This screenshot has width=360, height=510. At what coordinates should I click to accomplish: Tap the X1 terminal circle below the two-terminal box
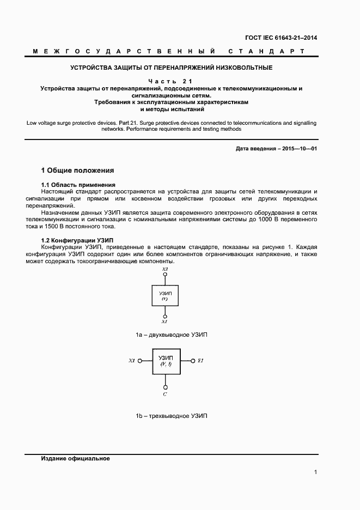tap(165, 315)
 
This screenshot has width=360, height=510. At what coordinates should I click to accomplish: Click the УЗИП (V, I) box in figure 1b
tap(165, 361)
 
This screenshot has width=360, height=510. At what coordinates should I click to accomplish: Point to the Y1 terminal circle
tap(192, 361)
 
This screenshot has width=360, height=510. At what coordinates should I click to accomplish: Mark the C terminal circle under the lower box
tap(165, 386)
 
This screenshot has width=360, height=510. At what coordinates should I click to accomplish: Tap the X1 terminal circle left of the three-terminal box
tap(139, 361)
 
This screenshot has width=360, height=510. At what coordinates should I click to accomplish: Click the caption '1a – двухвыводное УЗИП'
tap(172, 335)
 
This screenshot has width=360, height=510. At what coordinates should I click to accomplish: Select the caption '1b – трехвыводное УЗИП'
tap(172, 416)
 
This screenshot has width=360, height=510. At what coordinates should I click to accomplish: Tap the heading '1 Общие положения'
tap(78, 171)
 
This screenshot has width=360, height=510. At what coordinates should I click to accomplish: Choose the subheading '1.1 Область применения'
tap(78, 185)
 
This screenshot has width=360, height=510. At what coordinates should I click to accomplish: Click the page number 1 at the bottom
tap(315, 472)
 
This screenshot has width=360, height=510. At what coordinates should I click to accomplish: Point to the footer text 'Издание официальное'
tap(76, 458)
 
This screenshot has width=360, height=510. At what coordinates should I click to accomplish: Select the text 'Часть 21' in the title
tap(172, 81)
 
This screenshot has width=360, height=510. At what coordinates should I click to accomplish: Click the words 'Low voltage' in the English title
tap(41, 123)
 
